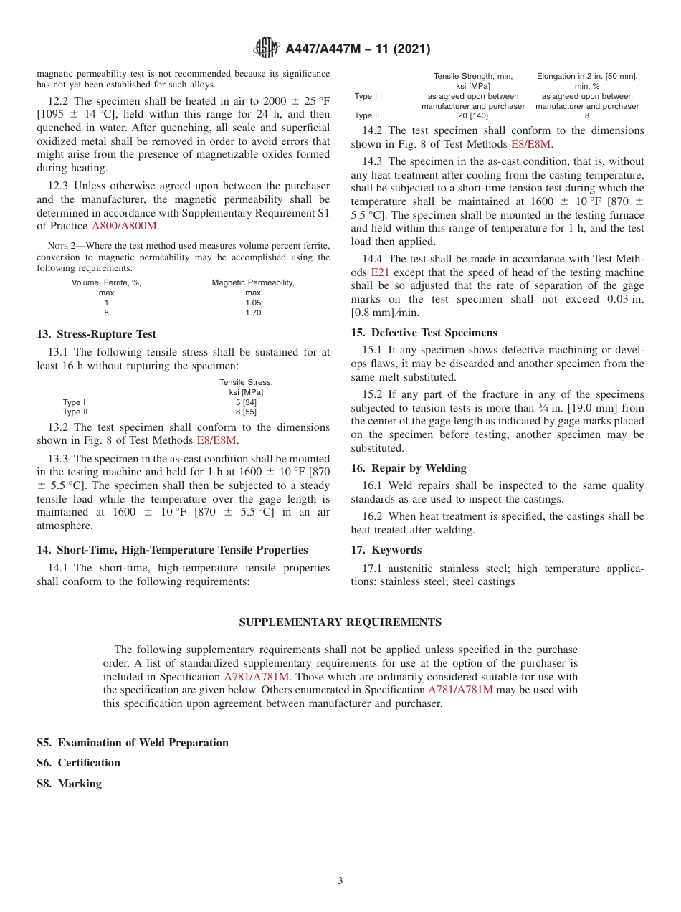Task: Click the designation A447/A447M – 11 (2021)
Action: coord(358,49)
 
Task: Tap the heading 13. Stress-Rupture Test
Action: coord(96,334)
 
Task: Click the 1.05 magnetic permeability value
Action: coord(253,303)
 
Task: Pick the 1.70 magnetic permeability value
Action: coord(253,313)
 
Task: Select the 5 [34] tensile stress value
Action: coord(246,402)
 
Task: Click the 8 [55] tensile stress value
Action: coord(246,412)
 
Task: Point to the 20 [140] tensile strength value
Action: coord(472,115)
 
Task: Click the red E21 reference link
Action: coord(379,272)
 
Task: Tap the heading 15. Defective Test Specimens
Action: coord(424,333)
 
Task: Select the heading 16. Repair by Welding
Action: coord(409,468)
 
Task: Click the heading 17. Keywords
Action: coord(386,550)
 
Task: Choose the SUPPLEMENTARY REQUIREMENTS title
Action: coord(340,622)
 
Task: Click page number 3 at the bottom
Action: coord(340,881)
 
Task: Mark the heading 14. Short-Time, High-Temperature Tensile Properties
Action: coord(172,550)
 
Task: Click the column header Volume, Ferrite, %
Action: coord(106,282)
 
